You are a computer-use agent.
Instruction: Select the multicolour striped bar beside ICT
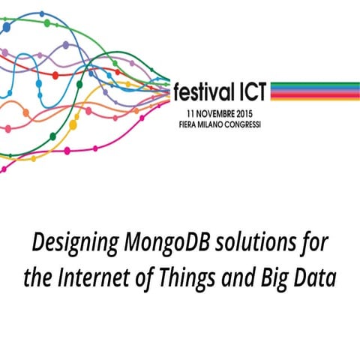(314, 91)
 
